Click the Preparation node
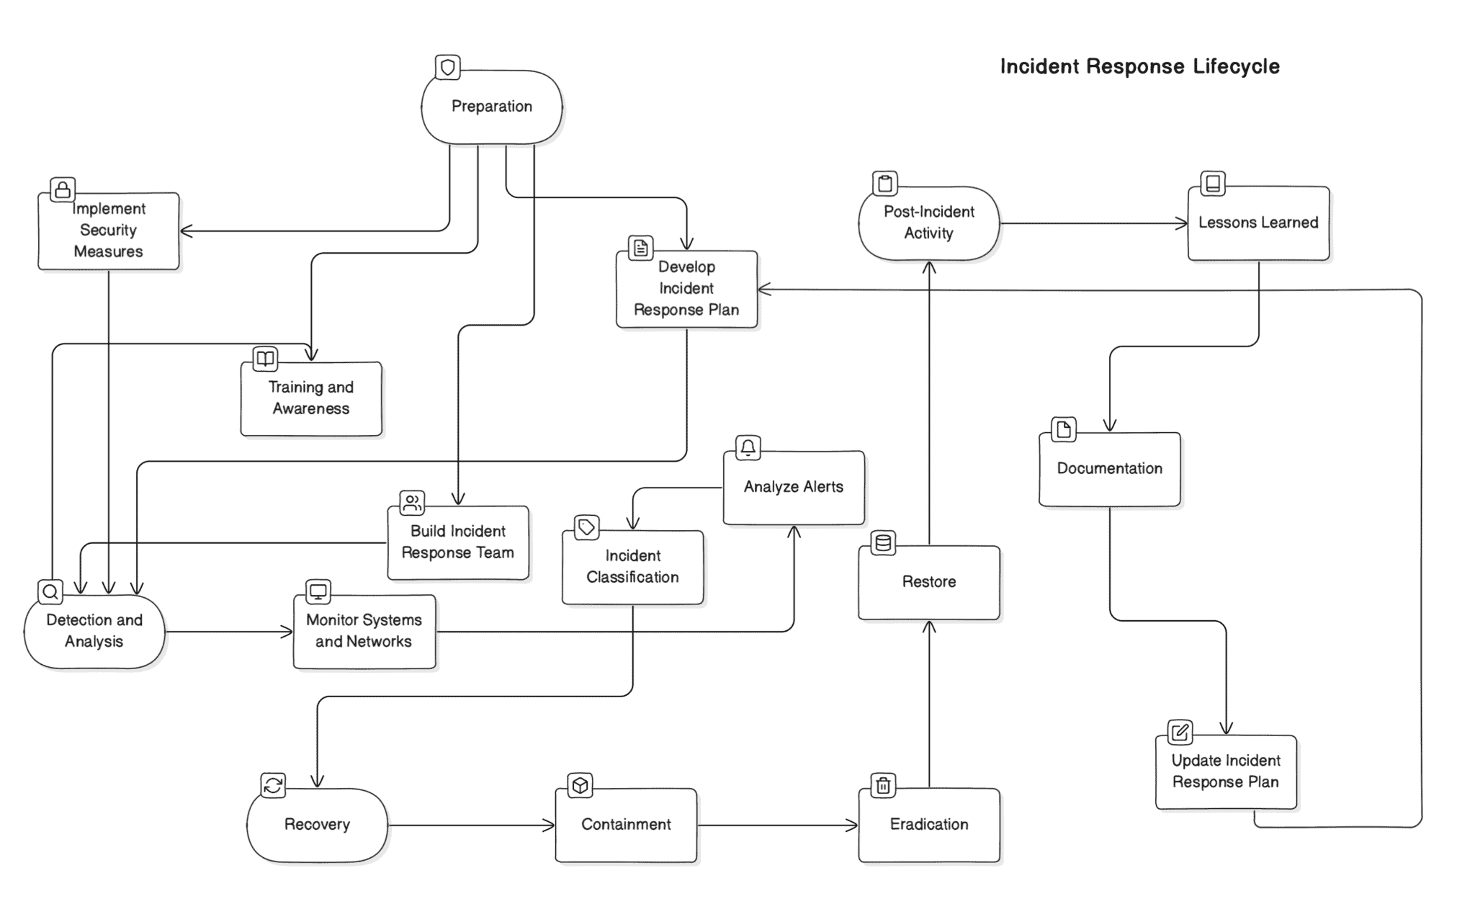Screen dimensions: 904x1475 point(491,107)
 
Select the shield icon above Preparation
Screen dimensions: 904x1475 point(448,68)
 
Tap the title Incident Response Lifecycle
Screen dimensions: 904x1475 point(1139,66)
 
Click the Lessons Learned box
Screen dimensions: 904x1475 point(1257,223)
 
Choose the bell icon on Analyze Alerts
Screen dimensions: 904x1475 point(748,447)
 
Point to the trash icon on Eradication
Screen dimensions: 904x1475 point(883,785)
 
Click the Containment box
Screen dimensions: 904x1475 point(625,825)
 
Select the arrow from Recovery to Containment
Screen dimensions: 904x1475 point(471,825)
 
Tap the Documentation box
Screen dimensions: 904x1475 point(1109,469)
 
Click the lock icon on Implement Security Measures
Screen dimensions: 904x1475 point(63,189)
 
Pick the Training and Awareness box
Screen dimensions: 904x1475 point(310,398)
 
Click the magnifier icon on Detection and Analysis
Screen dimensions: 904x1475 point(50,592)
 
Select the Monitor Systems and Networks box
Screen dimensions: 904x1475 point(364,631)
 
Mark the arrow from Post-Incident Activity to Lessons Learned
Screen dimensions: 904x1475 point(1093,223)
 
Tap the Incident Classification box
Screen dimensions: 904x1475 point(632,567)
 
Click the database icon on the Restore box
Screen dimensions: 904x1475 point(883,543)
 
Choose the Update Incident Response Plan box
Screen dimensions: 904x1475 point(1225,771)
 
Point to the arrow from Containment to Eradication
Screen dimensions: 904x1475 point(778,825)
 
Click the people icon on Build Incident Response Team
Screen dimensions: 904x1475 point(412,503)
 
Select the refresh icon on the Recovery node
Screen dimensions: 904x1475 point(273,785)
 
